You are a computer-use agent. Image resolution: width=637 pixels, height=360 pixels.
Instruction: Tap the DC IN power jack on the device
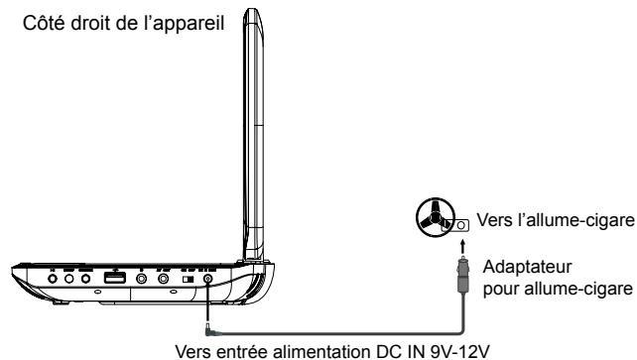pos(207,280)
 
